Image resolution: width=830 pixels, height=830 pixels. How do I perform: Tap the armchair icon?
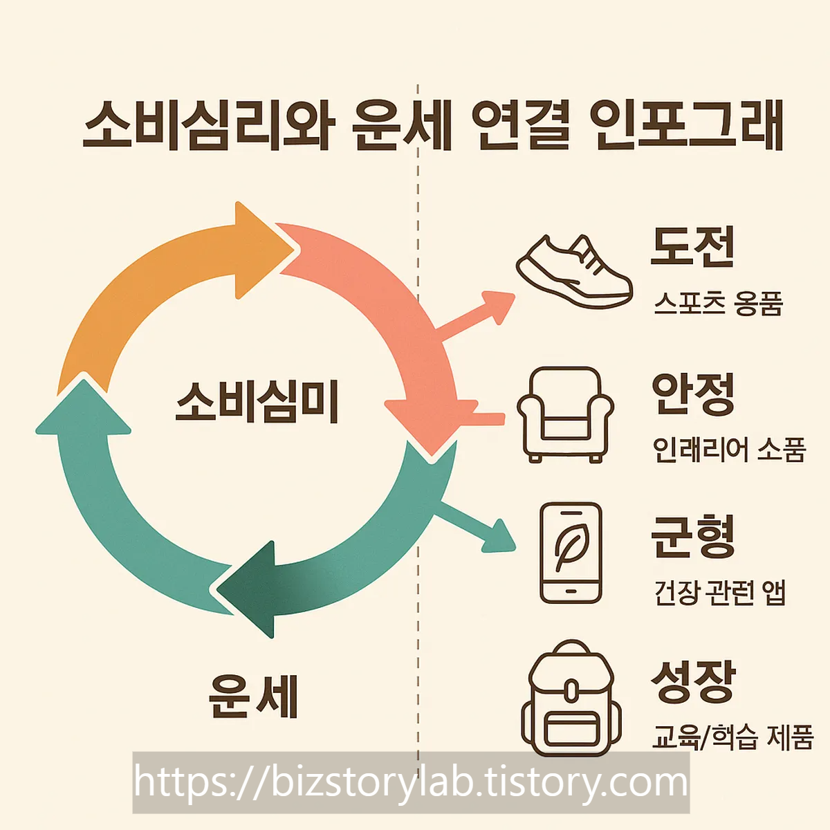point(565,415)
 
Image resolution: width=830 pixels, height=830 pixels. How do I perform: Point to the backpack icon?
point(571,699)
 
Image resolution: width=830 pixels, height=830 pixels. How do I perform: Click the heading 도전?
point(692,247)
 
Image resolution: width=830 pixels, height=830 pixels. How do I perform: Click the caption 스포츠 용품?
point(718,304)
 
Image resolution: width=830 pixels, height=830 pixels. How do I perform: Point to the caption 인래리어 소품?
point(729,450)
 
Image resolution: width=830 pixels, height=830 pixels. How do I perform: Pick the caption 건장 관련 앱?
point(719,593)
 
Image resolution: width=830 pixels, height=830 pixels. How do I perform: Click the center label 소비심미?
point(257,402)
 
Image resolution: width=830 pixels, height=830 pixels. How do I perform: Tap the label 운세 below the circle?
point(253,696)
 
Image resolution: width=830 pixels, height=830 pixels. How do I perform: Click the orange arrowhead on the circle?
point(259,249)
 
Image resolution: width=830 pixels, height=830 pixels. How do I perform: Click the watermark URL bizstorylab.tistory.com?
point(411,782)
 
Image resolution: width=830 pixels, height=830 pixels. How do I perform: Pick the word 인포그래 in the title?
point(688,124)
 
